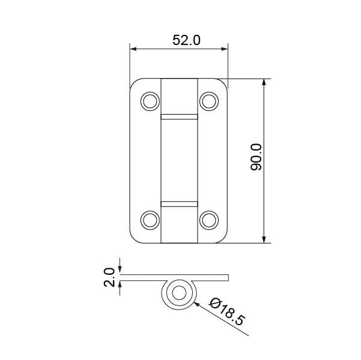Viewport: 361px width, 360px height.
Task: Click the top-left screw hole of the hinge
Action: [148, 101]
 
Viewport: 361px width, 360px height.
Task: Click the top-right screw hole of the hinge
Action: [208, 101]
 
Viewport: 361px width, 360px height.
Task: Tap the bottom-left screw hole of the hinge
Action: [148, 220]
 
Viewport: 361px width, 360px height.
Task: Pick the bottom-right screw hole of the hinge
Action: [208, 220]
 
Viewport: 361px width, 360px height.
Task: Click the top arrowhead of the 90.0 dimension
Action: [264, 82]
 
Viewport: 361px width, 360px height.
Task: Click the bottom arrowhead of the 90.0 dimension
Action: [264, 239]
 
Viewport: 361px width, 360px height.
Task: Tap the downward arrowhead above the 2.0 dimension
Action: [121, 271]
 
